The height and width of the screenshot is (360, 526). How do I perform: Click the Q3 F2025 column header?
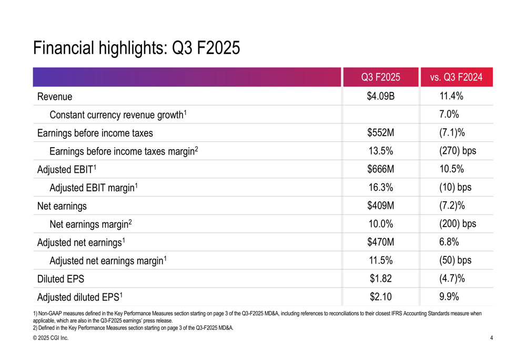pyautogui.click(x=380, y=77)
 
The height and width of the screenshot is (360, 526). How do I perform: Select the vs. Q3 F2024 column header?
pyautogui.click(x=456, y=77)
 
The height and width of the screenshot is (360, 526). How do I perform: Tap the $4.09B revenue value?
pyautogui.click(x=381, y=96)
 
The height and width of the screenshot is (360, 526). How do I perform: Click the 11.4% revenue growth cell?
pyautogui.click(x=451, y=96)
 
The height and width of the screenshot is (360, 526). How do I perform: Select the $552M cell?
pyautogui.click(x=381, y=133)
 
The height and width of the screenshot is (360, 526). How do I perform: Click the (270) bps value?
pyautogui.click(x=457, y=151)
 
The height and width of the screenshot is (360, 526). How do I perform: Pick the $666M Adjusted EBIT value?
pyautogui.click(x=381, y=169)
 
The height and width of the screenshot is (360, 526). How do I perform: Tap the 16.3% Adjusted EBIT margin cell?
pyautogui.click(x=381, y=188)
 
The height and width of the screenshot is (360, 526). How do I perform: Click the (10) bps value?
pyautogui.click(x=455, y=188)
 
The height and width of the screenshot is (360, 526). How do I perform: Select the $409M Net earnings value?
pyautogui.click(x=381, y=205)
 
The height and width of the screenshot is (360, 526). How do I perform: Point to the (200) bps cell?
pyautogui.click(x=457, y=224)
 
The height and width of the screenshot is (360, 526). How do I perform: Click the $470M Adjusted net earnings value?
pyautogui.click(x=381, y=242)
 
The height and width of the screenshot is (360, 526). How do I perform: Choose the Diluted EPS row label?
pyautogui.click(x=60, y=279)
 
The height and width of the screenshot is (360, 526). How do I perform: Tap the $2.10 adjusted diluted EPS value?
pyautogui.click(x=381, y=297)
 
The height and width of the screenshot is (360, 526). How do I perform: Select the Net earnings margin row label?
pyautogui.click(x=90, y=224)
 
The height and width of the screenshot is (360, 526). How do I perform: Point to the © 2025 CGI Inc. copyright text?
pyautogui.click(x=50, y=338)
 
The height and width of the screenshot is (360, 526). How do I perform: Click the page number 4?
pyautogui.click(x=491, y=338)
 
